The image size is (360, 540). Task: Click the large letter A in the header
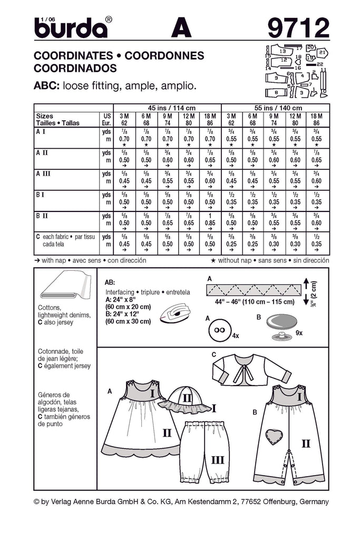point(179,27)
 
